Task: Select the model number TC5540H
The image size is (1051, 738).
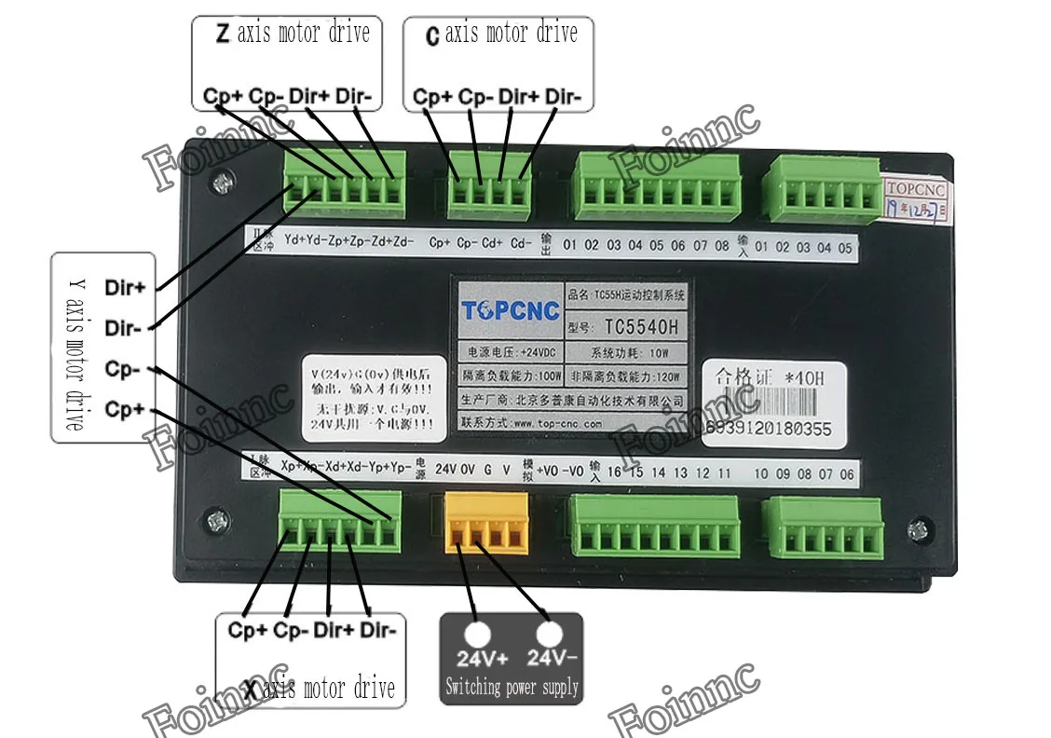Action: (642, 327)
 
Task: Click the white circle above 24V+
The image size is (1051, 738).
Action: (478, 635)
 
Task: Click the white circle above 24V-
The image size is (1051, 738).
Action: (549, 635)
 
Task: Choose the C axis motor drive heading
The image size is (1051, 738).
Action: (501, 34)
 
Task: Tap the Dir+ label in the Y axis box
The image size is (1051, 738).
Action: (125, 287)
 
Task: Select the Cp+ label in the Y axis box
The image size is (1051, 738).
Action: (125, 409)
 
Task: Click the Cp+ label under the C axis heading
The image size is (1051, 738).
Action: (433, 96)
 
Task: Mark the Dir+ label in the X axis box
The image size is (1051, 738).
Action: (334, 630)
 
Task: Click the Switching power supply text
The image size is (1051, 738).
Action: (512, 688)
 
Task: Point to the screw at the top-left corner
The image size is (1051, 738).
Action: (221, 183)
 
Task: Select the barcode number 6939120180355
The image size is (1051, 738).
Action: (770, 430)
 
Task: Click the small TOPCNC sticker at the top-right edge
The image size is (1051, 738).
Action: (915, 190)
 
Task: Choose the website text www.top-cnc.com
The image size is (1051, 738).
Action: (556, 422)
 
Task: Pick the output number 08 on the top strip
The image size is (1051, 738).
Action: (722, 246)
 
